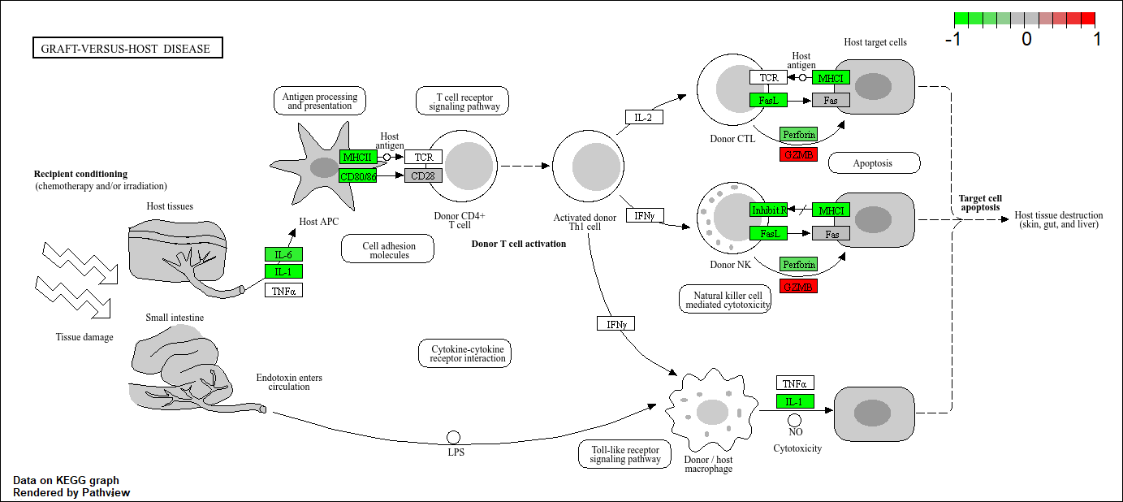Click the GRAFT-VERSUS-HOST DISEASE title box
pos(127,49)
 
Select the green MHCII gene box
pos(358,157)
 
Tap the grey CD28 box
pos(423,175)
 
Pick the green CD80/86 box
pos(358,175)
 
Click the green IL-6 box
pos(283,254)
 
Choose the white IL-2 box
pos(644,117)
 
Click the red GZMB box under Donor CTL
pos(798,154)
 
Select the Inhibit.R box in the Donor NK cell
pos(768,210)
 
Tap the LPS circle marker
pos(454,438)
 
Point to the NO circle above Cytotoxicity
pos(795,420)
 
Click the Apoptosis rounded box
pos(874,163)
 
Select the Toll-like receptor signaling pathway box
pos(625,454)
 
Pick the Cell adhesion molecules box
pos(387,249)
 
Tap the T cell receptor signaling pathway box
pos(463,101)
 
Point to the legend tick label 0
pos(1026,39)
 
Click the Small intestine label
pos(175,318)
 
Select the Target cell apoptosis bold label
pos(981,202)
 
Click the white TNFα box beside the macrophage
pos(795,383)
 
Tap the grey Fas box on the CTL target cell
pos(831,100)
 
